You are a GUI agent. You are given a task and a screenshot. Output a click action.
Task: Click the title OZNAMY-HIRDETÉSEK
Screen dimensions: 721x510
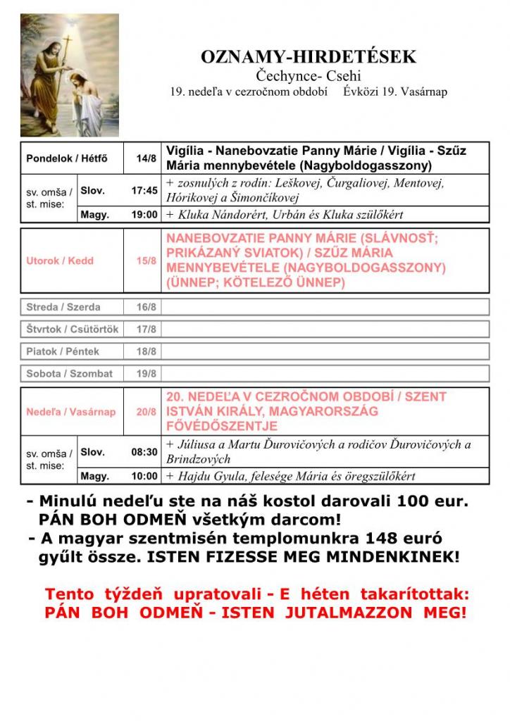click(x=309, y=57)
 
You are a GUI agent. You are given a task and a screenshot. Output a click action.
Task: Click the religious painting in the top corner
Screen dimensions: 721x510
click(x=70, y=75)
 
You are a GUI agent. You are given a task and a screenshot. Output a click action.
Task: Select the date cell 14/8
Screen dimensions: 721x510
click(x=147, y=158)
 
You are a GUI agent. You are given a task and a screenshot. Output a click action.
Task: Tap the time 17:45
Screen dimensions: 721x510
click(x=144, y=190)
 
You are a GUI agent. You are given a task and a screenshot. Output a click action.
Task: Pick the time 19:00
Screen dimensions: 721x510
click(x=144, y=215)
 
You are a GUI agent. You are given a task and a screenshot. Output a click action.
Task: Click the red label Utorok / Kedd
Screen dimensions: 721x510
click(x=60, y=261)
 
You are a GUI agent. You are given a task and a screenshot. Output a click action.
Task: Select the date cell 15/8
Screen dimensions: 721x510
click(x=147, y=261)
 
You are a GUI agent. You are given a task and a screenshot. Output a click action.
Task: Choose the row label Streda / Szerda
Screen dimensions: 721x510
click(x=63, y=307)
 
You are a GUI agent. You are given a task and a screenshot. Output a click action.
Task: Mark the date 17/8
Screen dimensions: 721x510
click(x=147, y=329)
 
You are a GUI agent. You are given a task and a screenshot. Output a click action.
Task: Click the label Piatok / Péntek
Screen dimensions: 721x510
click(x=63, y=351)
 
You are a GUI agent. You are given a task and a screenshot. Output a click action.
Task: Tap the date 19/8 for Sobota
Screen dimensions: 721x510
click(x=147, y=374)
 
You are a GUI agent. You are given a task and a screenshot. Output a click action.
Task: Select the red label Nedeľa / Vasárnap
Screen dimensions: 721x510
click(x=71, y=411)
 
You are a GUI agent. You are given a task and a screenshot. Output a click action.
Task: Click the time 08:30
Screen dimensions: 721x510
click(x=144, y=451)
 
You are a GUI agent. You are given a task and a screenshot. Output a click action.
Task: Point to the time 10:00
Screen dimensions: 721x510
click(x=144, y=477)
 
